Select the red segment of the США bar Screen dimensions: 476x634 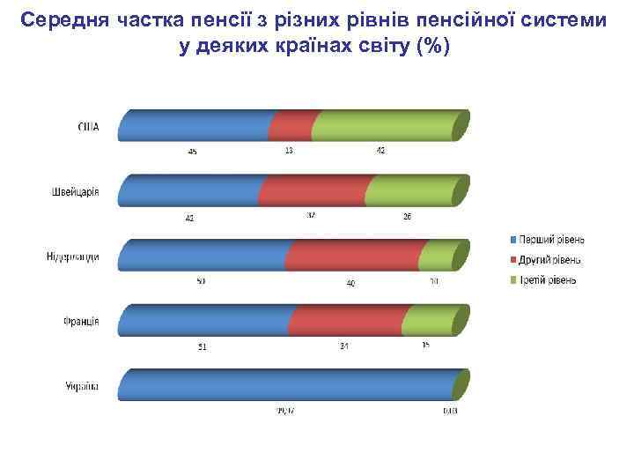[x=291, y=126]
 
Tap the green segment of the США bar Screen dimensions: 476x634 [x=383, y=126]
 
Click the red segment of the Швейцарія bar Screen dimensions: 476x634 [x=313, y=190]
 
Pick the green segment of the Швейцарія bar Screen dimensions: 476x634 [x=409, y=190]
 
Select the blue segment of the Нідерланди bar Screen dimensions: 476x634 [x=203, y=256]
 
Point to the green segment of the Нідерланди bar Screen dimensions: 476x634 [x=437, y=256]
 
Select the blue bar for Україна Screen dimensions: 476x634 [x=286, y=386]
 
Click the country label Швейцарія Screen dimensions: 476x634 [x=75, y=192]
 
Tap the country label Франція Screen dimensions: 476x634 [x=80, y=322]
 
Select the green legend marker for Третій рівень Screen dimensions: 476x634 [x=512, y=280]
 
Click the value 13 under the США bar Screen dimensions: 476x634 [x=289, y=151]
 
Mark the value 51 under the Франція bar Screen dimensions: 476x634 [x=202, y=346]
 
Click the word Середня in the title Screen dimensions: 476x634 [x=64, y=19]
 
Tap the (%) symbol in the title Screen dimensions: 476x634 [x=433, y=46]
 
